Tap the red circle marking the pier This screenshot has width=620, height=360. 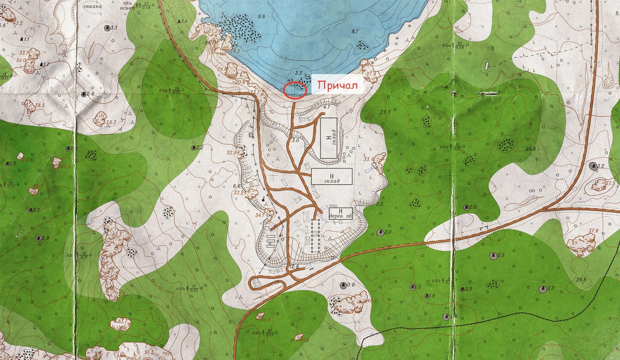pyautogui.click(x=296, y=90)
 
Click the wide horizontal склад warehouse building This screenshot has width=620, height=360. pyautogui.click(x=332, y=176)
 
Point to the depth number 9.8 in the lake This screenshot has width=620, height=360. pyautogui.click(x=261, y=17)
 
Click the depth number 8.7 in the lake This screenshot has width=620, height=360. pyautogui.click(x=355, y=32)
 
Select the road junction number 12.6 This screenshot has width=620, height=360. pyautogui.click(x=295, y=267)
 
